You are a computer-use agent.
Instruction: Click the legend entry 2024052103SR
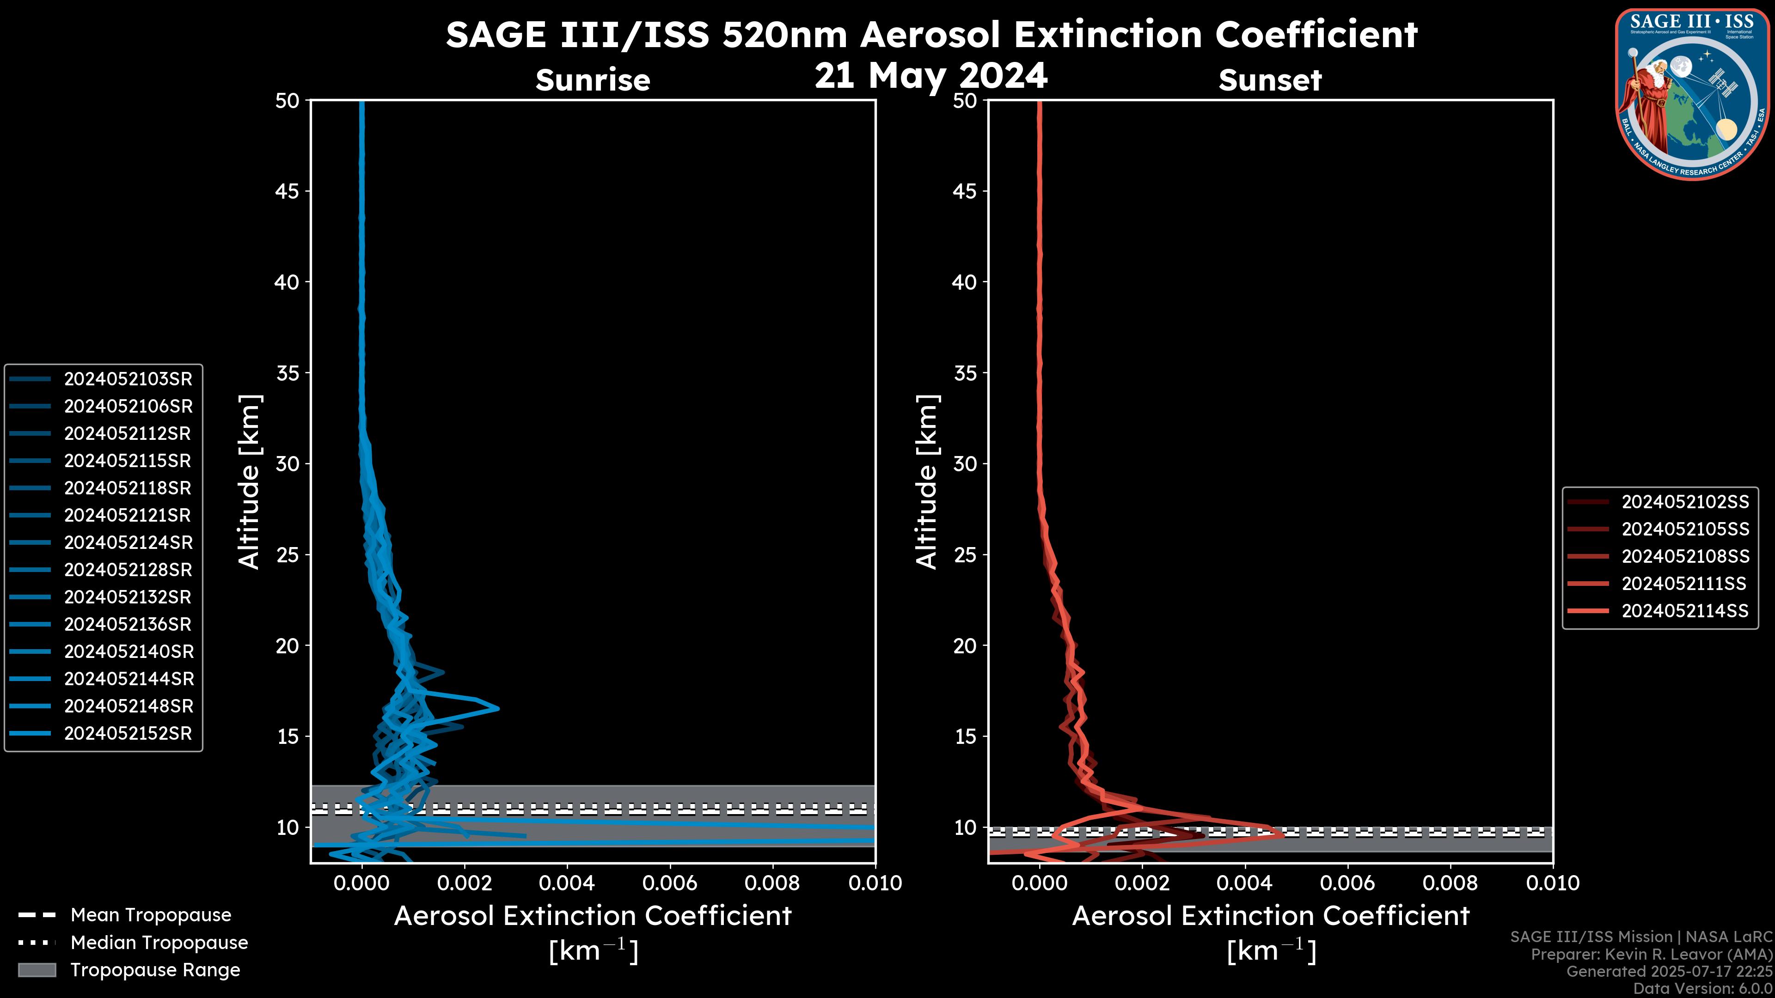pos(128,379)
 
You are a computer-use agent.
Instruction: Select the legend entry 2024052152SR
pos(128,734)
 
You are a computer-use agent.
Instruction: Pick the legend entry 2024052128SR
pos(128,570)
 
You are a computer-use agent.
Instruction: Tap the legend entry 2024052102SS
pos(1685,502)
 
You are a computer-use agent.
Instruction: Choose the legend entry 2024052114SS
pos(1685,611)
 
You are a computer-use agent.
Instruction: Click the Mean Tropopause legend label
pos(151,915)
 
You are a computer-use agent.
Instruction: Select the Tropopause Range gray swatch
pos(37,970)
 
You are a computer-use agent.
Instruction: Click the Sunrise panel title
pos(593,80)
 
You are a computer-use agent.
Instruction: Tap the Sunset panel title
pos(1270,80)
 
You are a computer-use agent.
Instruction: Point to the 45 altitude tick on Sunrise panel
pos(288,191)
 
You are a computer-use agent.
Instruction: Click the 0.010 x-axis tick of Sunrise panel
pos(875,883)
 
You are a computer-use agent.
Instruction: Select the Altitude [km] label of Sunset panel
pos(927,481)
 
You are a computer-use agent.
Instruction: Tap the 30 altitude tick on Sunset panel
pos(965,463)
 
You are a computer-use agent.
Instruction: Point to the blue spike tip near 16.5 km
pos(497,708)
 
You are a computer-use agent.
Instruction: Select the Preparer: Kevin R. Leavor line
pos(1651,954)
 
